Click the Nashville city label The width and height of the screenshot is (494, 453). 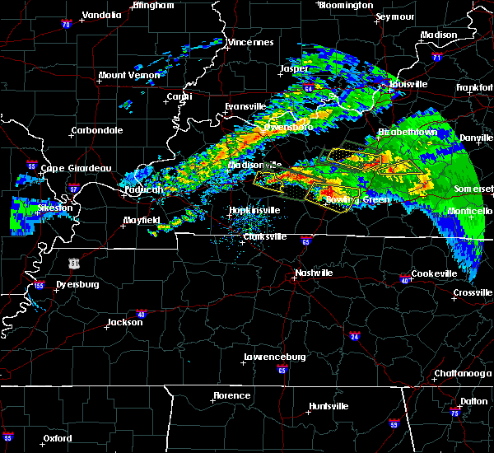coord(314,273)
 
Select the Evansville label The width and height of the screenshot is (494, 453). coord(246,106)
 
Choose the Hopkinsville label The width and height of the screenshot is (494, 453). coord(254,210)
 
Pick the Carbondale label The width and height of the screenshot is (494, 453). coord(96,130)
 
